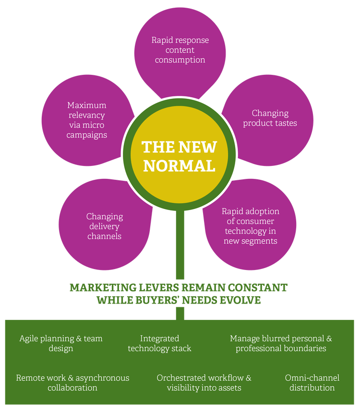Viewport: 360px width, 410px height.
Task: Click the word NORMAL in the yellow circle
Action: pyautogui.click(x=179, y=165)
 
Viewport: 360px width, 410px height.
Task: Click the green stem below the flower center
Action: pyautogui.click(x=179, y=249)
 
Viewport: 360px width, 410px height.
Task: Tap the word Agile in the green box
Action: pyautogui.click(x=29, y=339)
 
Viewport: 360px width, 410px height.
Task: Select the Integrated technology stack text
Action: pyautogui.click(x=159, y=343)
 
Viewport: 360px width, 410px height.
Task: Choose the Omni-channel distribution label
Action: pyautogui.click(x=312, y=383)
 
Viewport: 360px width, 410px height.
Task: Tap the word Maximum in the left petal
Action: pyautogui.click(x=87, y=105)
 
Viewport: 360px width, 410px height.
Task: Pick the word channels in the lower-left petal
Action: pyautogui.click(x=104, y=236)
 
